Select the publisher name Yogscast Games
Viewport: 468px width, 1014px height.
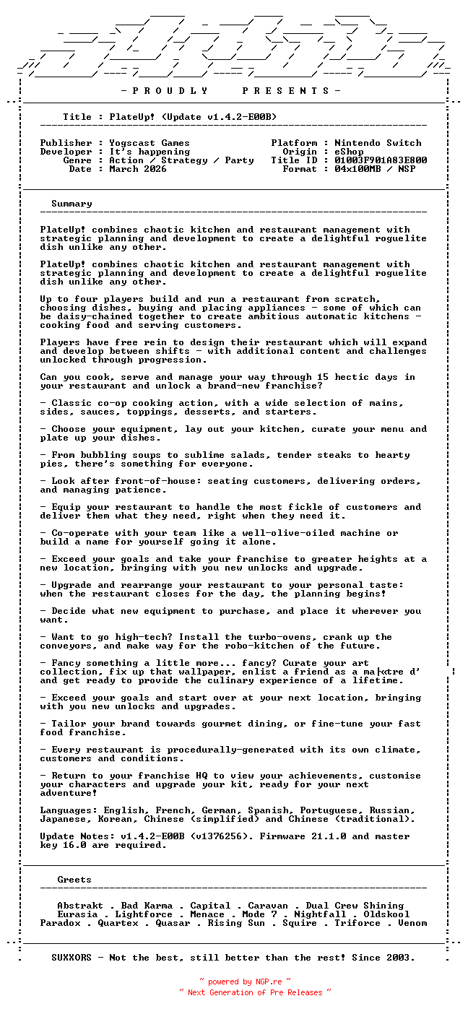[x=149, y=143]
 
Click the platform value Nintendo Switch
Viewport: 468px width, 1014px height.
[x=378, y=143]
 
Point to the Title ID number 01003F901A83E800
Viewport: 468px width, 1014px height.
[x=381, y=160]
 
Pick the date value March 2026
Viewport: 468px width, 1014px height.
[x=138, y=169]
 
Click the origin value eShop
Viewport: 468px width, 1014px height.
[x=349, y=152]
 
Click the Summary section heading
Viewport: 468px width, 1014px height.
[x=71, y=204]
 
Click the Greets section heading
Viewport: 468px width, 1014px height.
[x=74, y=880]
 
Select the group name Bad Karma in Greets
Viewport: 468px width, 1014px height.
[x=147, y=906]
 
